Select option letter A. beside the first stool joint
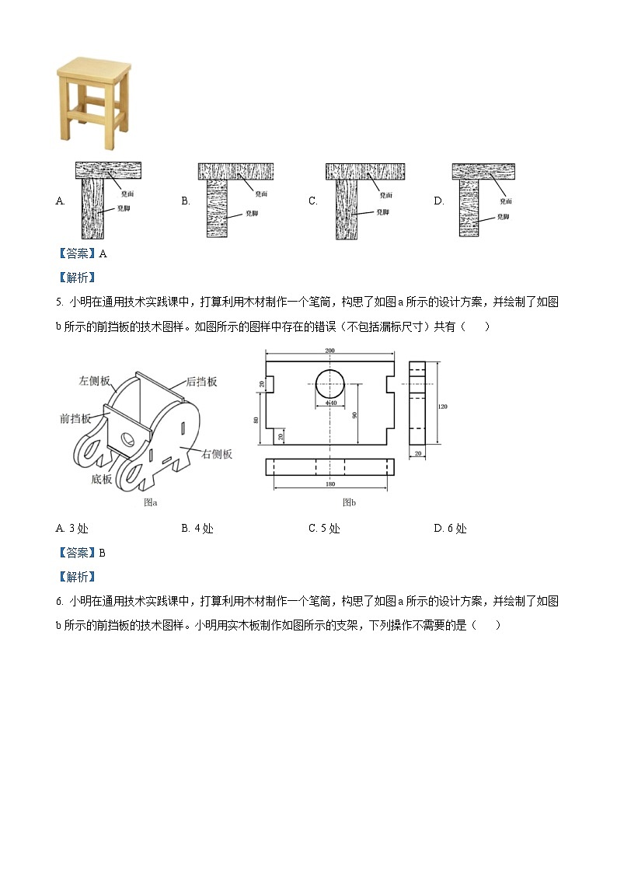[x=61, y=201]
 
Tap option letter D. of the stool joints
[x=439, y=201]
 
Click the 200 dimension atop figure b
[x=329, y=351]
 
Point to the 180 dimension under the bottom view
[x=329, y=484]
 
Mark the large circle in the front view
[x=329, y=382]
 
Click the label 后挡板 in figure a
[x=201, y=382]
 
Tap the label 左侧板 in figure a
[x=94, y=382]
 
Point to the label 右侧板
[x=217, y=454]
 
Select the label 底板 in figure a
[x=102, y=479]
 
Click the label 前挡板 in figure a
[x=75, y=418]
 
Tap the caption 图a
[x=151, y=502]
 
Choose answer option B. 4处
[x=197, y=529]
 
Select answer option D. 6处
[x=450, y=529]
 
